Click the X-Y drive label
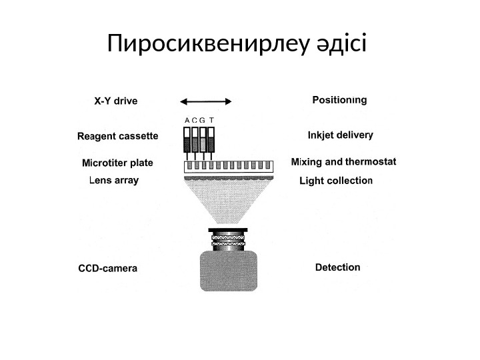point(115,101)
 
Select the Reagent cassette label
point(117,137)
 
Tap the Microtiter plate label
point(117,163)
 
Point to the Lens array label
point(114,180)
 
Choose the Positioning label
point(339,101)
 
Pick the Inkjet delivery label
point(340,135)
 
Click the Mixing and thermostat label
point(345,161)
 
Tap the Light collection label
point(336,180)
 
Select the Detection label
point(337,267)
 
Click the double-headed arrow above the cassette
point(207,101)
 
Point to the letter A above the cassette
point(186,121)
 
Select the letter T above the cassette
point(211,121)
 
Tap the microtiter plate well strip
point(229,165)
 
